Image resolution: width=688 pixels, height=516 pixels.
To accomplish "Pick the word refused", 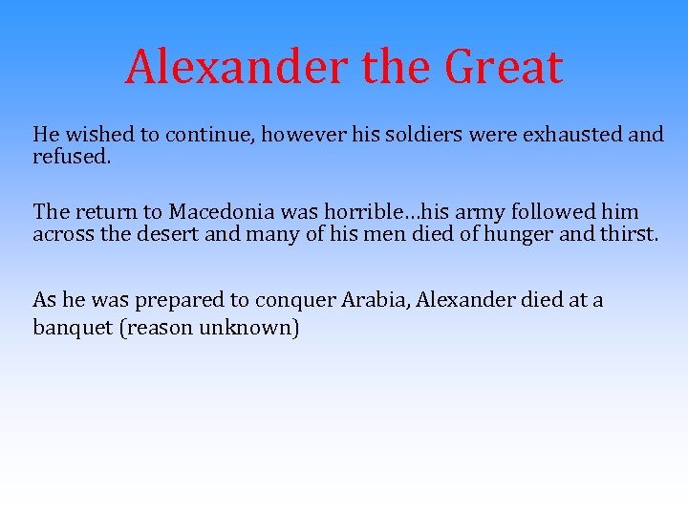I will click(72, 157).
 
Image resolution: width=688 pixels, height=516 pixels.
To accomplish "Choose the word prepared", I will click(176, 300).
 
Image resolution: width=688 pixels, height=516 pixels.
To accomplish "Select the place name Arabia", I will click(364, 300).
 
